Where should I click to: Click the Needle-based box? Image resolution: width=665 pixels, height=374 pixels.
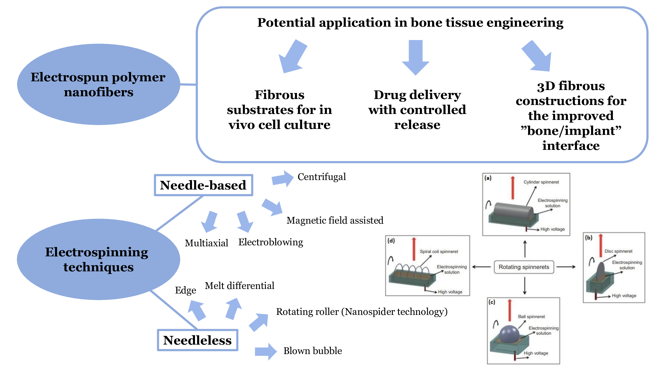click(x=203, y=185)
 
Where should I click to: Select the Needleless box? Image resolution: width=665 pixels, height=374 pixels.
click(x=197, y=340)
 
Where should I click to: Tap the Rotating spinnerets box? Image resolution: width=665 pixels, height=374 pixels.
click(x=524, y=267)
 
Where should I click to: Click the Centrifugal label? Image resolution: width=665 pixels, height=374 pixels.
click(x=321, y=177)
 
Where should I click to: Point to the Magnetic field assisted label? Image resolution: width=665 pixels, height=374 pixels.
click(x=335, y=220)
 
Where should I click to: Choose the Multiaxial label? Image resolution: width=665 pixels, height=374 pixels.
click(x=206, y=243)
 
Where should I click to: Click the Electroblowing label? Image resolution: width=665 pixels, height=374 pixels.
click(x=271, y=242)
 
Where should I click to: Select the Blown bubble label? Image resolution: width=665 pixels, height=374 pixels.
click(x=313, y=351)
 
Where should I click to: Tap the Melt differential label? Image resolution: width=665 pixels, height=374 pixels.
click(x=239, y=286)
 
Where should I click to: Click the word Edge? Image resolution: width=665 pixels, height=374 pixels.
click(x=185, y=290)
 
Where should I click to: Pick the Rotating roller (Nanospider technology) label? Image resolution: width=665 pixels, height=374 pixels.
click(x=362, y=312)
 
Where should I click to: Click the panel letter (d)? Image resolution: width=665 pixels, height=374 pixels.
click(x=391, y=241)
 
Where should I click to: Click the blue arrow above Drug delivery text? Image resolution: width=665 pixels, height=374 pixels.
click(x=416, y=57)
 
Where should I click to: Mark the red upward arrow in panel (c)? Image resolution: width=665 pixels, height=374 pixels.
click(x=510, y=310)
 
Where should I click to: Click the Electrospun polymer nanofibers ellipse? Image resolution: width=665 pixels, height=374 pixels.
click(x=98, y=85)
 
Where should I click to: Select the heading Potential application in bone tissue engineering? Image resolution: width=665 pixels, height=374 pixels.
click(x=410, y=22)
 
